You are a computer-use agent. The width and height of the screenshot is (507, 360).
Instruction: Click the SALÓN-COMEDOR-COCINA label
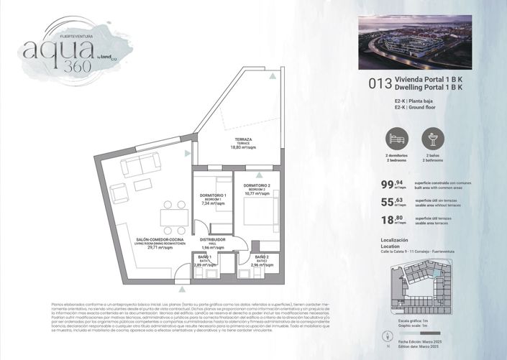pos(161,241)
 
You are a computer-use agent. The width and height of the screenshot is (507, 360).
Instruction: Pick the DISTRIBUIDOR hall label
pos(213,240)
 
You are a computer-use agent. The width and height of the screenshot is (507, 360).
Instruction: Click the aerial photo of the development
pos(414,42)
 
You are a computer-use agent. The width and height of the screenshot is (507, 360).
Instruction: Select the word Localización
pos(393,240)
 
